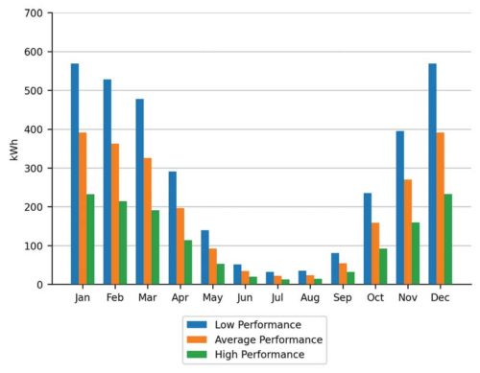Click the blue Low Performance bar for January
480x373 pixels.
click(x=74, y=174)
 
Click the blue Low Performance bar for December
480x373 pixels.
click(x=433, y=174)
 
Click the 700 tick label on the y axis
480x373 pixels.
click(x=33, y=13)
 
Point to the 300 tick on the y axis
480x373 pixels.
click(x=33, y=169)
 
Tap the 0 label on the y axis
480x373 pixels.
click(x=39, y=285)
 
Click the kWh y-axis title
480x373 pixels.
click(x=13, y=149)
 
